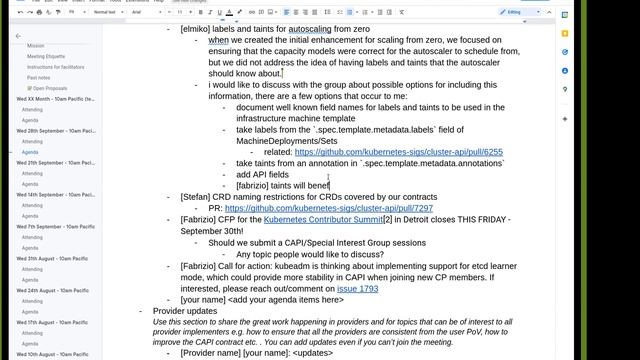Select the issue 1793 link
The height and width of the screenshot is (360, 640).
coord(357,288)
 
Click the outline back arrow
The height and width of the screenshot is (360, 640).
coord(17,36)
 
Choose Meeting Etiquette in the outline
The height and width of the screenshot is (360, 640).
coord(46,57)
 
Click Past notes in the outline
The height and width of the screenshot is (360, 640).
coord(39,77)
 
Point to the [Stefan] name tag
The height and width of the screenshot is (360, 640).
coord(196,197)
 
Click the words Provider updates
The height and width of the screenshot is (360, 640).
coord(184,311)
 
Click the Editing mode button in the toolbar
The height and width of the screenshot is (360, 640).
coord(517,12)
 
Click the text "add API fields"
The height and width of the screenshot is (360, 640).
coord(262,174)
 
